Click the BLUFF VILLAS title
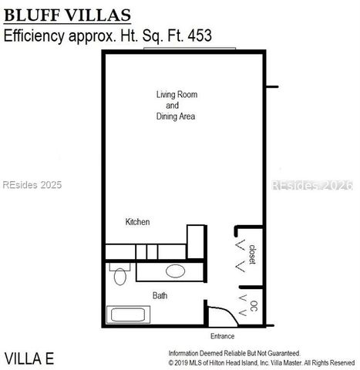tap(67, 16)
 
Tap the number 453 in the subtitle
tap(197, 35)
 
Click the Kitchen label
tap(137, 222)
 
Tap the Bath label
tap(160, 295)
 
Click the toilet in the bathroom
tap(119, 274)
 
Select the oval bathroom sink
tap(176, 271)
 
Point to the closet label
tap(252, 253)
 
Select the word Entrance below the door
tap(222, 336)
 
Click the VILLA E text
tap(29, 358)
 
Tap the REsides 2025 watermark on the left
tap(32, 185)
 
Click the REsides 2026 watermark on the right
tap(312, 185)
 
